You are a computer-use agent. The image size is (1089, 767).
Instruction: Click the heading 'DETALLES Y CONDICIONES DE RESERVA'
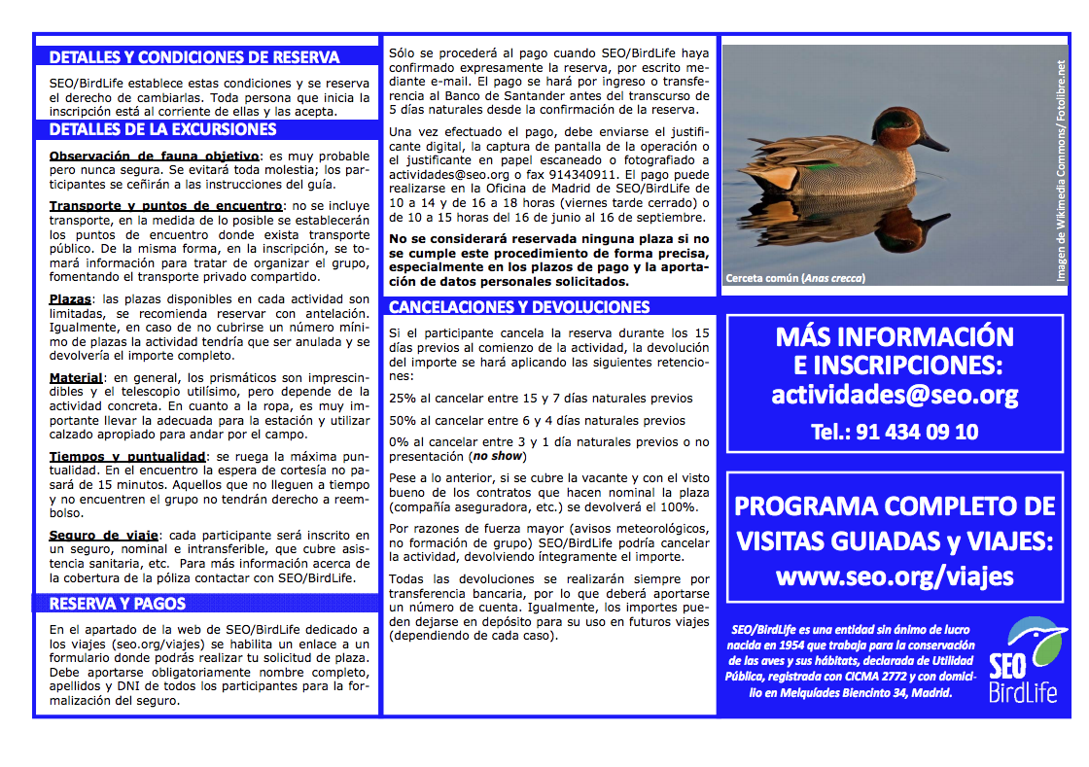pyautogui.click(x=194, y=57)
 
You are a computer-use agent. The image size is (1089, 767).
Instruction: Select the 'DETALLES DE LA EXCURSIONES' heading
pyautogui.click(x=162, y=130)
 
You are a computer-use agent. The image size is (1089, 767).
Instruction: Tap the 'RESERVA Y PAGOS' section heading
pyautogui.click(x=118, y=605)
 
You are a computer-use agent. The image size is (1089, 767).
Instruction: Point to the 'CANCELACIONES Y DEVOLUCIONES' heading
pyautogui.click(x=519, y=307)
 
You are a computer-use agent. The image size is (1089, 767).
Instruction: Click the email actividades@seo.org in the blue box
pyautogui.click(x=895, y=395)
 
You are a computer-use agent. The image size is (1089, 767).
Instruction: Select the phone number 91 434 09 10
pyautogui.click(x=895, y=432)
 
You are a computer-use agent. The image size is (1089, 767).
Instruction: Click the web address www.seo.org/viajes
pyautogui.click(x=895, y=576)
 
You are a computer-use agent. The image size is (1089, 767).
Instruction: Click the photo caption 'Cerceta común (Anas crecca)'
pyautogui.click(x=795, y=279)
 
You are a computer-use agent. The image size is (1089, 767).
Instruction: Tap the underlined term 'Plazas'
pyautogui.click(x=70, y=299)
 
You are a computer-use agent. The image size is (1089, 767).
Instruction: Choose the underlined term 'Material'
pyautogui.click(x=76, y=377)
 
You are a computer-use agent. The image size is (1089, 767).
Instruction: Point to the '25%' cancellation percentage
pyautogui.click(x=402, y=399)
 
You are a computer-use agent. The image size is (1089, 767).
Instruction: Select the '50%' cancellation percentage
pyautogui.click(x=402, y=421)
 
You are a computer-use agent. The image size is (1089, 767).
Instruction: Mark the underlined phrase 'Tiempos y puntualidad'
pyautogui.click(x=126, y=456)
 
